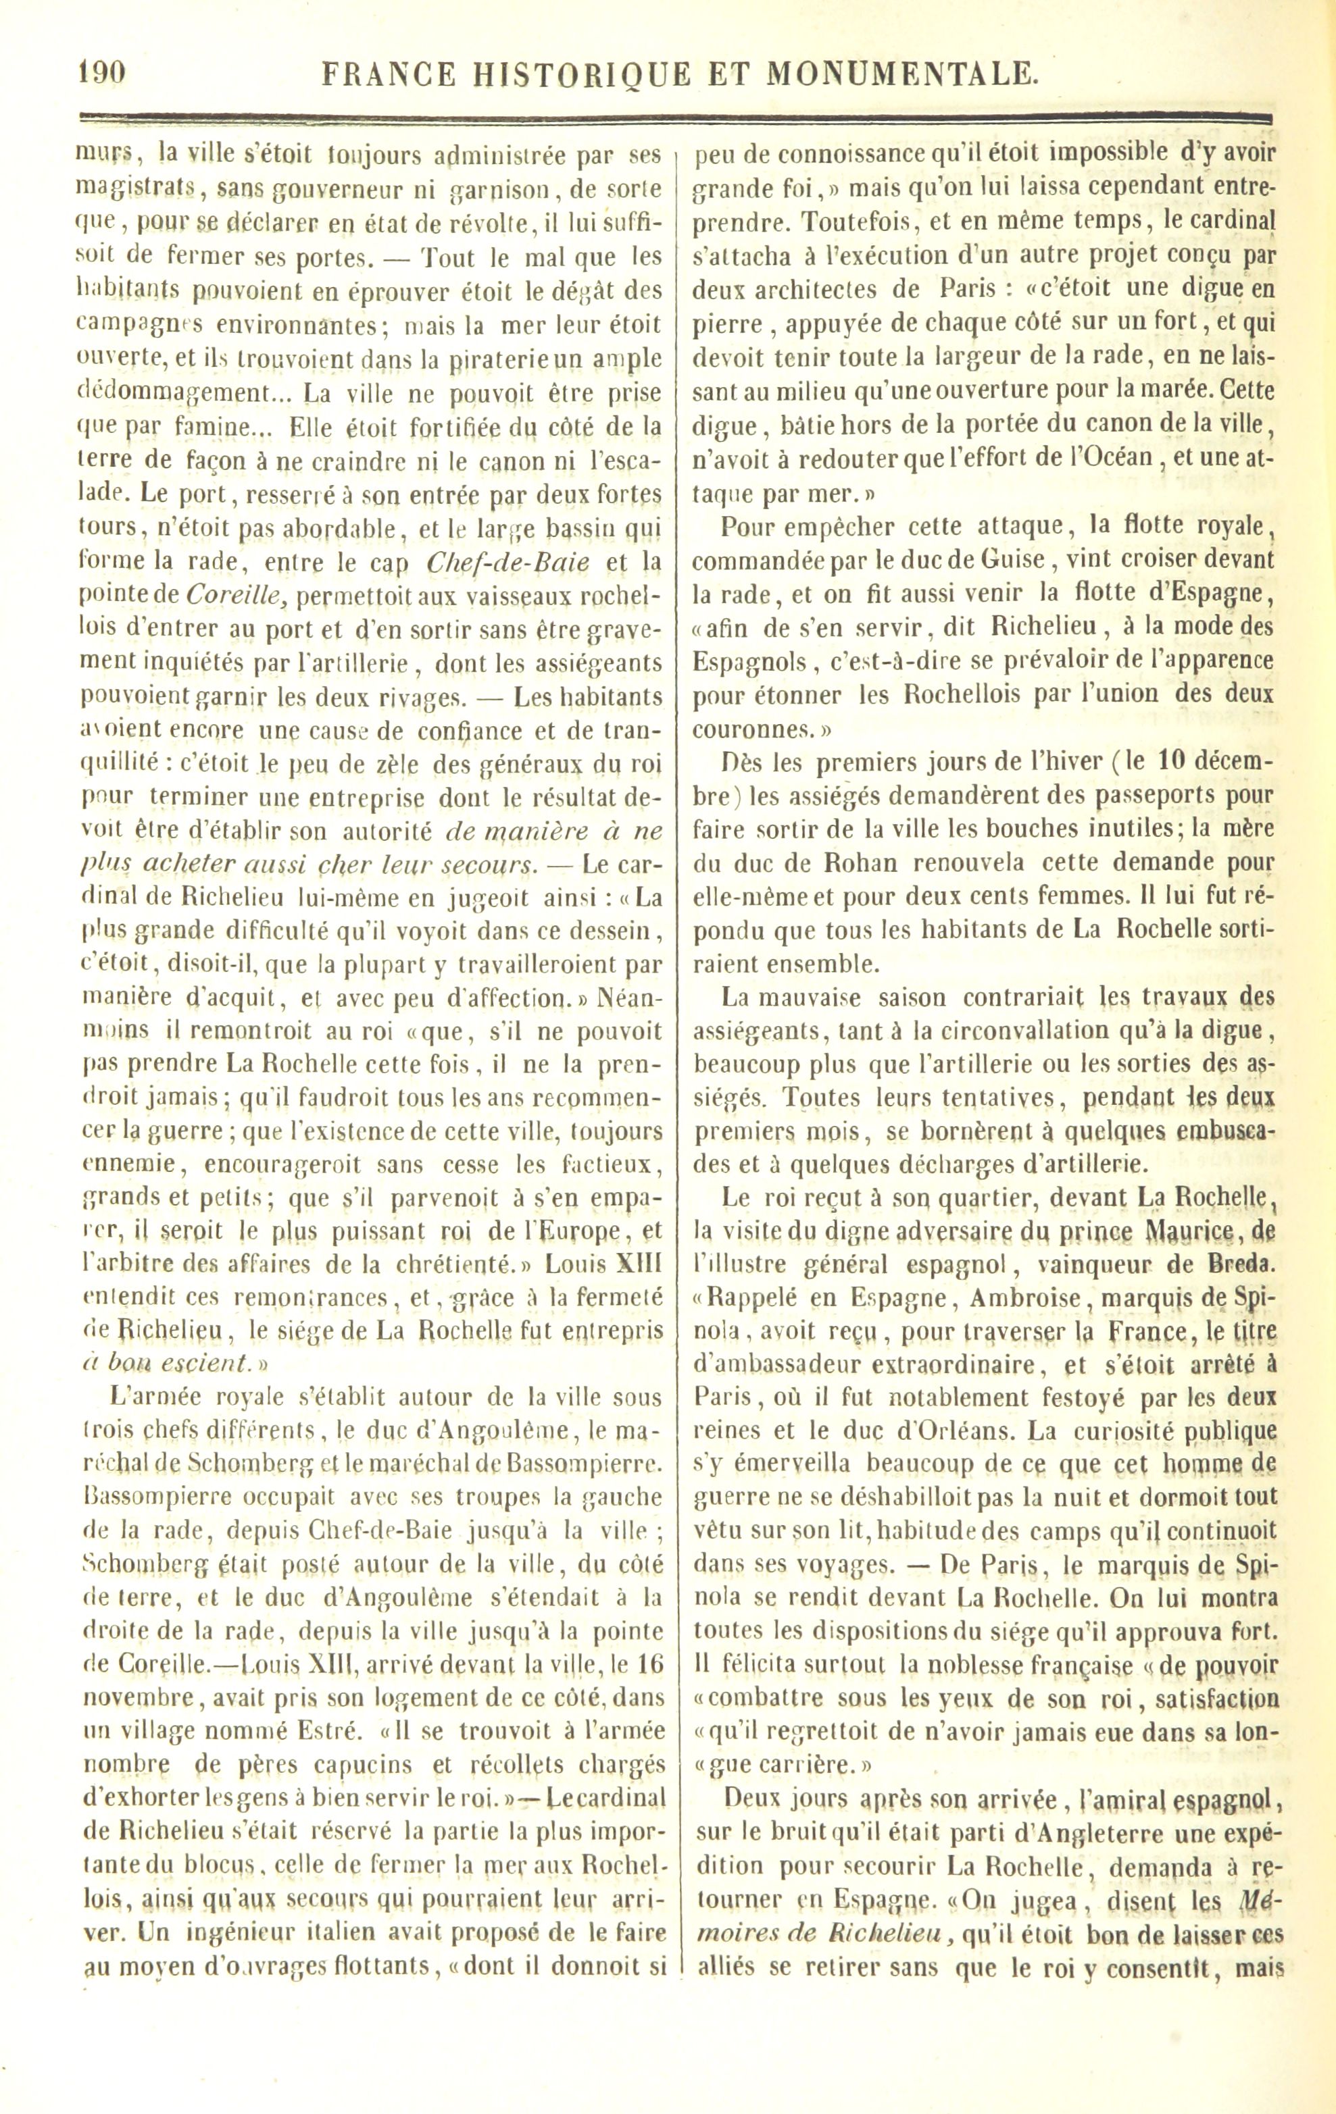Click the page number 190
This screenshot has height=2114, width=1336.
pyautogui.click(x=102, y=74)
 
